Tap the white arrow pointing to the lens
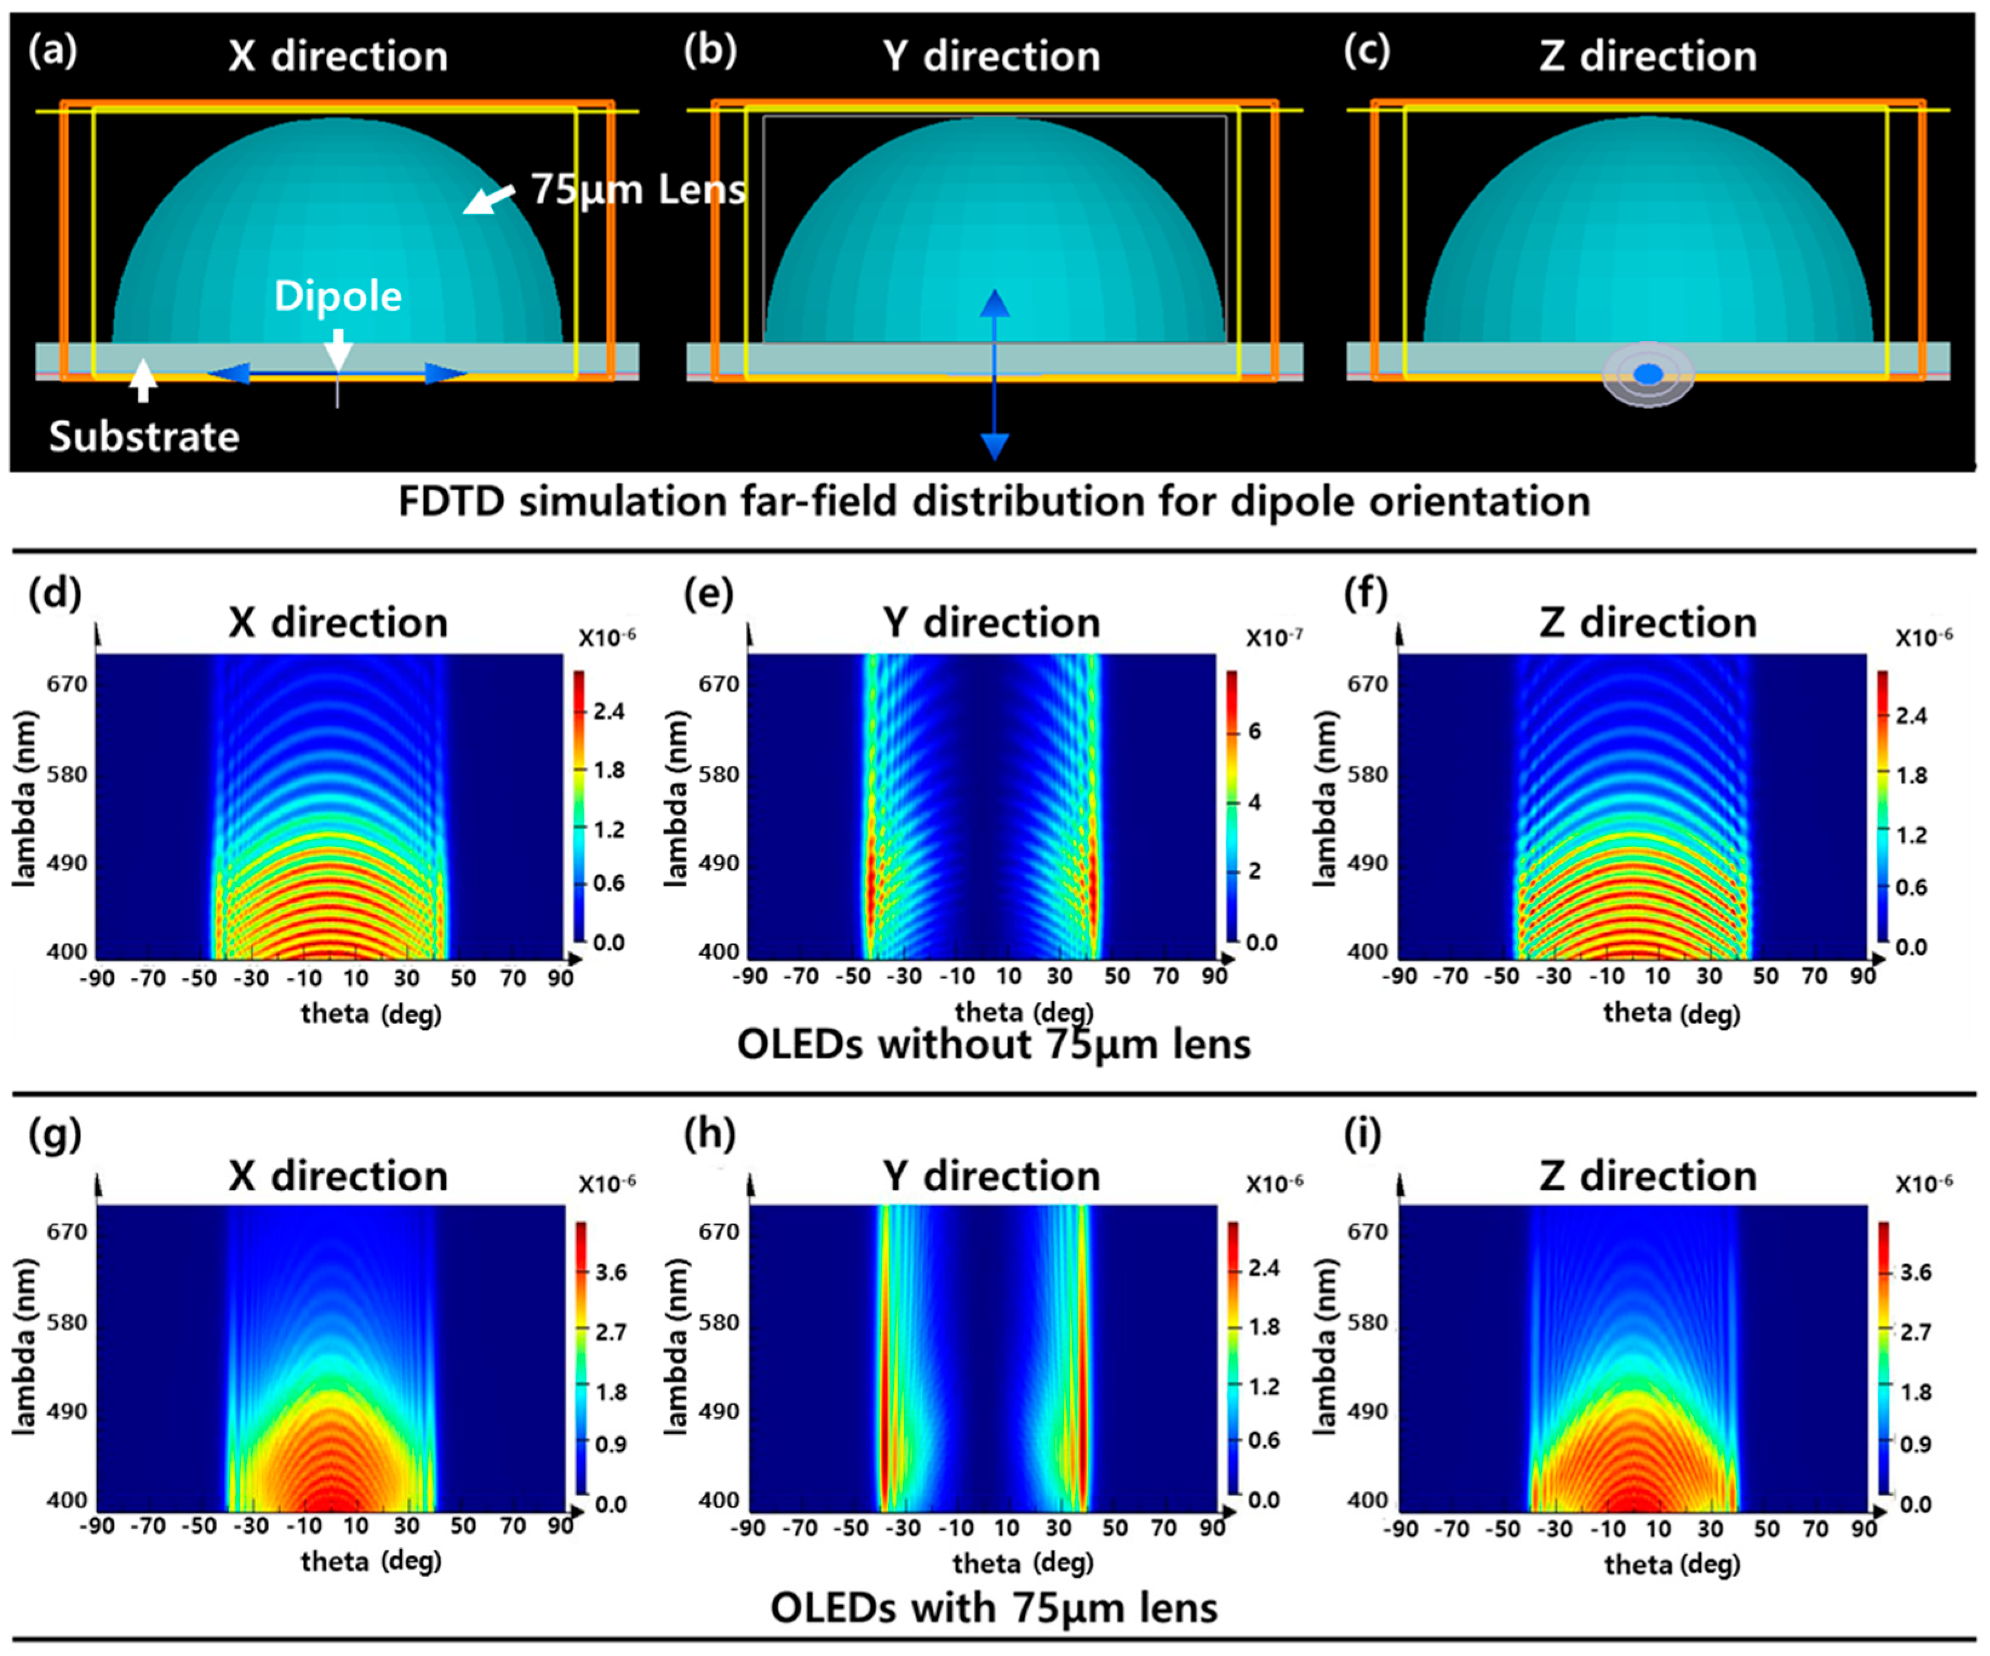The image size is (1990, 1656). [488, 199]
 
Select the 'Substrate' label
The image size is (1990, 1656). [144, 437]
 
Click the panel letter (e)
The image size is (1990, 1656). [708, 594]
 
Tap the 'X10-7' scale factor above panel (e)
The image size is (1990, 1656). [1273, 637]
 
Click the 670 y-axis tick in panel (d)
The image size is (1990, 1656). [67, 684]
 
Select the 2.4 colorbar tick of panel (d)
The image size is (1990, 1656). [608, 711]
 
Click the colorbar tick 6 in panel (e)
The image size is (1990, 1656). [1254, 731]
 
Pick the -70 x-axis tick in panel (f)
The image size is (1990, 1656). [1451, 976]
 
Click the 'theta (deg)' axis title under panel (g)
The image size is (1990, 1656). [371, 1561]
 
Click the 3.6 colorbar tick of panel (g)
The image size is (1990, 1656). [610, 1272]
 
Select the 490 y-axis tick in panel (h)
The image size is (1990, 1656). [718, 1411]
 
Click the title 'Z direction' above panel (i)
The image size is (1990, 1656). [1647, 1176]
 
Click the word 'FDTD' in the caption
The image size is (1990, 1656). [451, 500]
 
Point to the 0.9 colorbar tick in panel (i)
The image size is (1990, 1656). [1915, 1445]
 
